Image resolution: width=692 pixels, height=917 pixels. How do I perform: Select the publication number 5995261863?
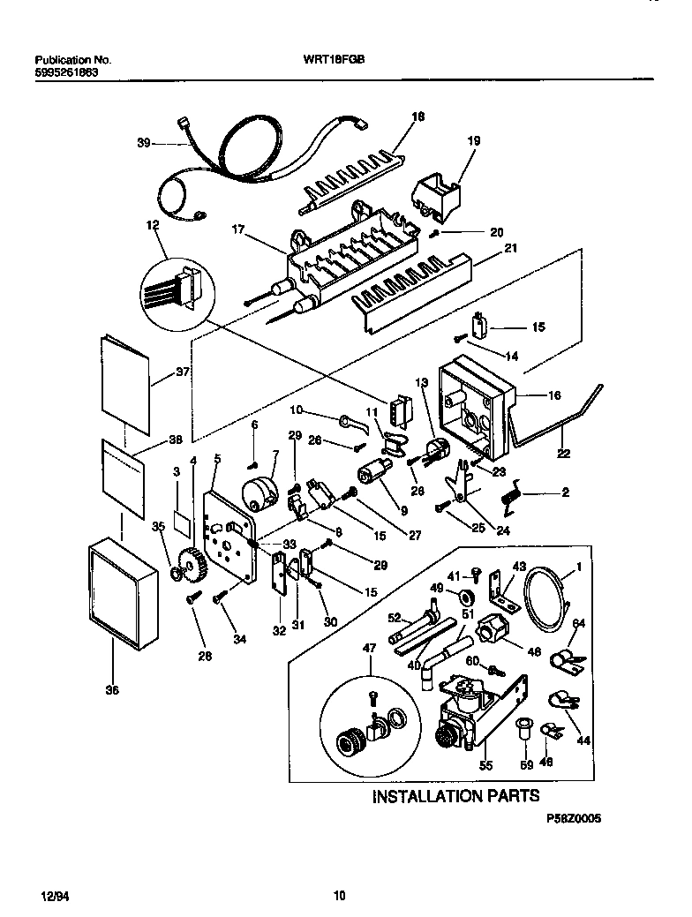(67, 72)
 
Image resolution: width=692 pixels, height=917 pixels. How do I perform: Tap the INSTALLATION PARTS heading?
(455, 796)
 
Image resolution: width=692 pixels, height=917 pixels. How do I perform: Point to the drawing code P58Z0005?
(572, 819)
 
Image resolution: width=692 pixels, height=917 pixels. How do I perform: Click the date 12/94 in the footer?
(55, 896)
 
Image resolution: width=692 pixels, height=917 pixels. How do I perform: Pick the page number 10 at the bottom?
(339, 896)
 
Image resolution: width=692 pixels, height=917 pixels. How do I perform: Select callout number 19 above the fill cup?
(473, 140)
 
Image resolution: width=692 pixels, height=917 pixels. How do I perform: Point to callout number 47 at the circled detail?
(369, 649)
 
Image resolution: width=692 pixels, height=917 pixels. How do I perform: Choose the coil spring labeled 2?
(510, 497)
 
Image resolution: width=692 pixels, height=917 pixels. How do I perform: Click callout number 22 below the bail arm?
(562, 454)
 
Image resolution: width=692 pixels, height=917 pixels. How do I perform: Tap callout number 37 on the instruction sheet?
(183, 372)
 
